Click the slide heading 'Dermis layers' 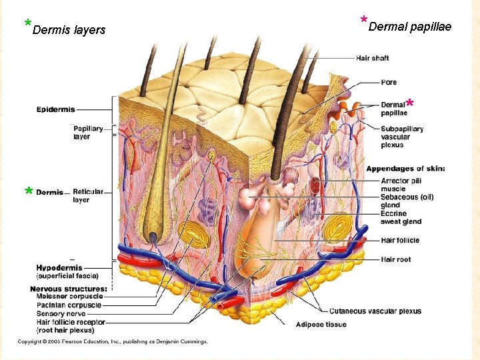tap(69, 30)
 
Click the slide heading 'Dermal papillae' tap(409, 27)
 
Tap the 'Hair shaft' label tap(372, 58)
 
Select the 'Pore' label tap(389, 83)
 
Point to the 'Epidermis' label tap(56, 109)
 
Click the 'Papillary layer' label tap(88, 133)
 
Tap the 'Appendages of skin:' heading tap(405, 169)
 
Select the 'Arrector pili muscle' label tap(401, 185)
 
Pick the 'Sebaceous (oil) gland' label tap(407, 201)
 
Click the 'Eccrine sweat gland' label tap(401, 218)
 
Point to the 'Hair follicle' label tap(400, 241)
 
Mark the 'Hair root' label tap(395, 259)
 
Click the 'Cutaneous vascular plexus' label tap(375, 311)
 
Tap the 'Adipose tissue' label tap(321, 325)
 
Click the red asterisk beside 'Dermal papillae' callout tap(409, 103)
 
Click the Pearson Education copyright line tap(113, 341)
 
